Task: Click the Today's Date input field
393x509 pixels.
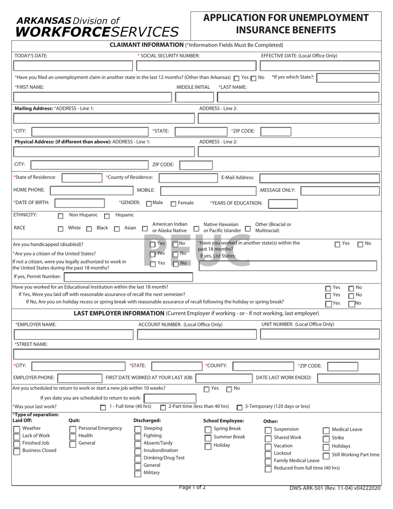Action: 73,66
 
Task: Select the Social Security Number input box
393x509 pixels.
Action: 196,66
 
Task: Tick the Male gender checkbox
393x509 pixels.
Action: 149,204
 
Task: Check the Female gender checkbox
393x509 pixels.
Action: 173,204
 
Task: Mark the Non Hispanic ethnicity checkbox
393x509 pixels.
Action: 61,216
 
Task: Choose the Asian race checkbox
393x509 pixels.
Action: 117,228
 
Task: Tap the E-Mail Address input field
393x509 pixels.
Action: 319,178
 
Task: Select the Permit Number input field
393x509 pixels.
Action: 128,277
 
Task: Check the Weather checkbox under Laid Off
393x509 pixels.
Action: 17,429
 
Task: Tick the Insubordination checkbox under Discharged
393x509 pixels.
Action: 138,451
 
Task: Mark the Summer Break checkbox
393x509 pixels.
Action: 208,438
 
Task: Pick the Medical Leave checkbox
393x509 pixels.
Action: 326,430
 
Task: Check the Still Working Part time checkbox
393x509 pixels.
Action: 326,456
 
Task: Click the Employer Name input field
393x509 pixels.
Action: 73,334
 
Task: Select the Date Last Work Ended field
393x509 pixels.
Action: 348,378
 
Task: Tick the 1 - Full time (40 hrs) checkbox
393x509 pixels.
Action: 103,408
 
